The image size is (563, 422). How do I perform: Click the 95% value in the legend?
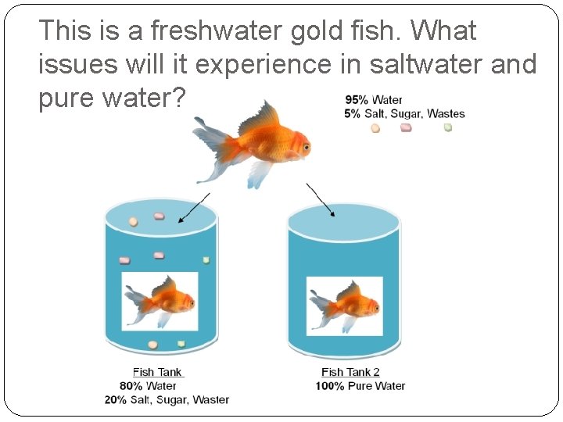point(357,100)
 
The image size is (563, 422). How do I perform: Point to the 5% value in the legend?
point(353,113)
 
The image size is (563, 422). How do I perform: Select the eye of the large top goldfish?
point(307,145)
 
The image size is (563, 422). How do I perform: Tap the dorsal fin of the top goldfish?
point(258,118)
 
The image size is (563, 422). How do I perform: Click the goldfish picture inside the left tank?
point(160,302)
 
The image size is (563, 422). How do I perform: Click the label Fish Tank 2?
point(350,373)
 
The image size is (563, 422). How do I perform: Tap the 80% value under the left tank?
point(131,386)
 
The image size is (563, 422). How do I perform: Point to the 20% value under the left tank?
point(117,400)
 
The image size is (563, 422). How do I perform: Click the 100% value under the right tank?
point(330,386)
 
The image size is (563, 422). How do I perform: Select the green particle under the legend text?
point(448,127)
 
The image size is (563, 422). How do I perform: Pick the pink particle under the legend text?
point(406,127)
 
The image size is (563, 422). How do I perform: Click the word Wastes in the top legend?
point(446,113)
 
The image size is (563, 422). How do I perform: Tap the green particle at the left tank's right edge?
point(206,260)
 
